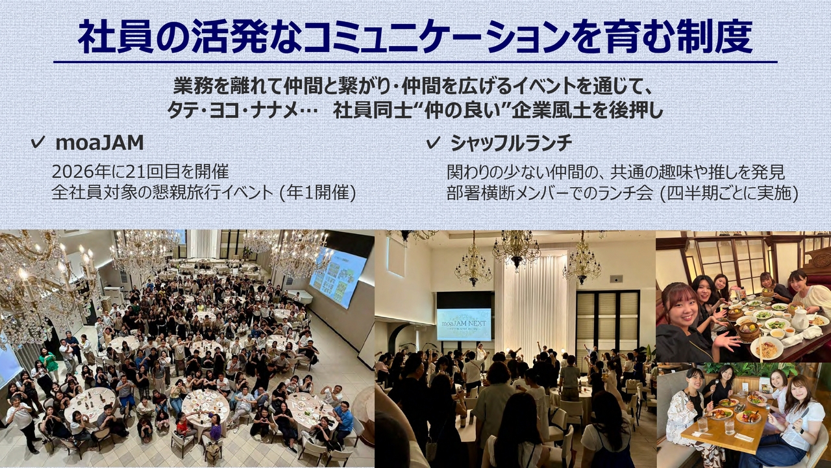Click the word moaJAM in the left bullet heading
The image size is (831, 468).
click(99, 143)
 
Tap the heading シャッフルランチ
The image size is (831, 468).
click(511, 143)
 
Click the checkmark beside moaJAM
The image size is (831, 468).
click(38, 142)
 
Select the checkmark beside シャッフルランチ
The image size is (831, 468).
click(433, 142)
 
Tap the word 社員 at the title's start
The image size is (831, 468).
click(116, 37)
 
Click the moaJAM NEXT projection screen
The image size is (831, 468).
click(464, 324)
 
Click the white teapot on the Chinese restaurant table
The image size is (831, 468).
click(799, 320)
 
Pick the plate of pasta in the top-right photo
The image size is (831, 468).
click(767, 348)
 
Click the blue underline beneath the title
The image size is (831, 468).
click(415, 62)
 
